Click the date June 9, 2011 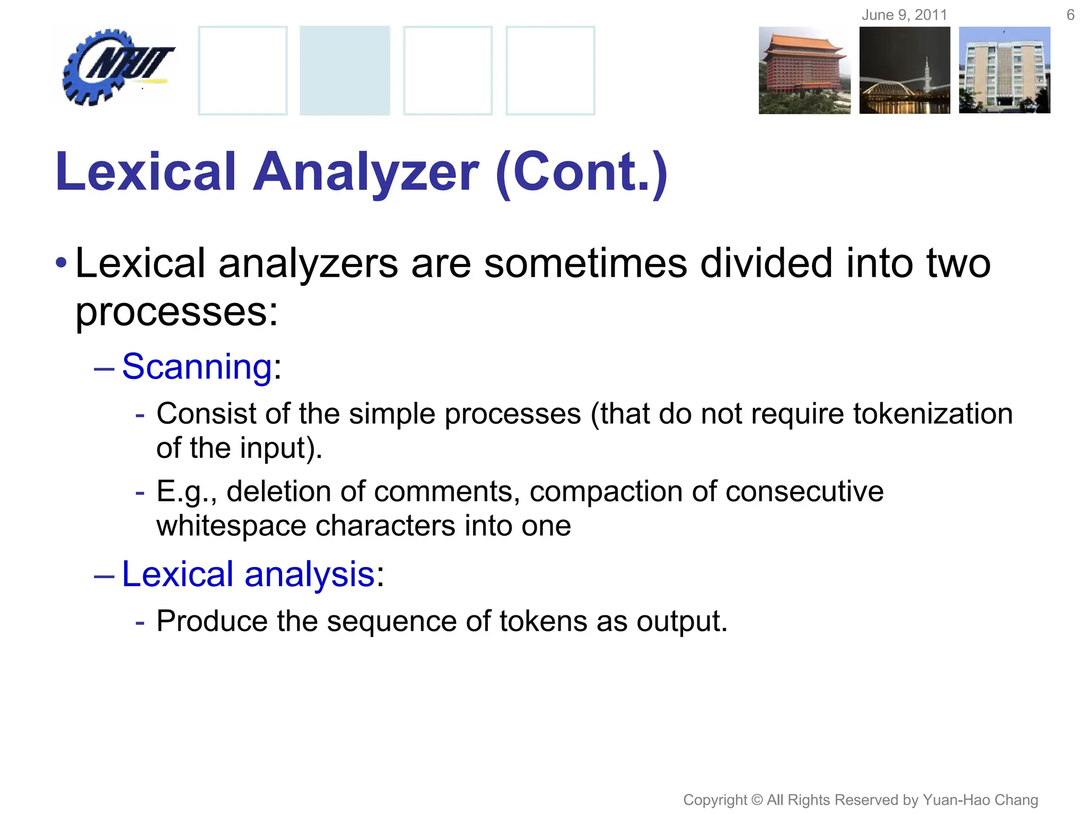tap(904, 15)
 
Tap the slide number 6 tap(1070, 15)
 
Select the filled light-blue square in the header tap(345, 70)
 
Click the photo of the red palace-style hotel tap(804, 70)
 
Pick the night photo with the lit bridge tap(905, 70)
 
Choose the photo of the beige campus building tap(1004, 70)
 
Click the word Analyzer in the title tap(365, 172)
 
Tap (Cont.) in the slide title tap(581, 172)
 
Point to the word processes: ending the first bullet tap(177, 312)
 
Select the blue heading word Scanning tap(197, 366)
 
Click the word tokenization tap(933, 414)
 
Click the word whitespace tap(231, 526)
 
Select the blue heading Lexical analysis tap(248, 574)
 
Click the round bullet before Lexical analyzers tap(62, 263)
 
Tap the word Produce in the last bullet tap(212, 621)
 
